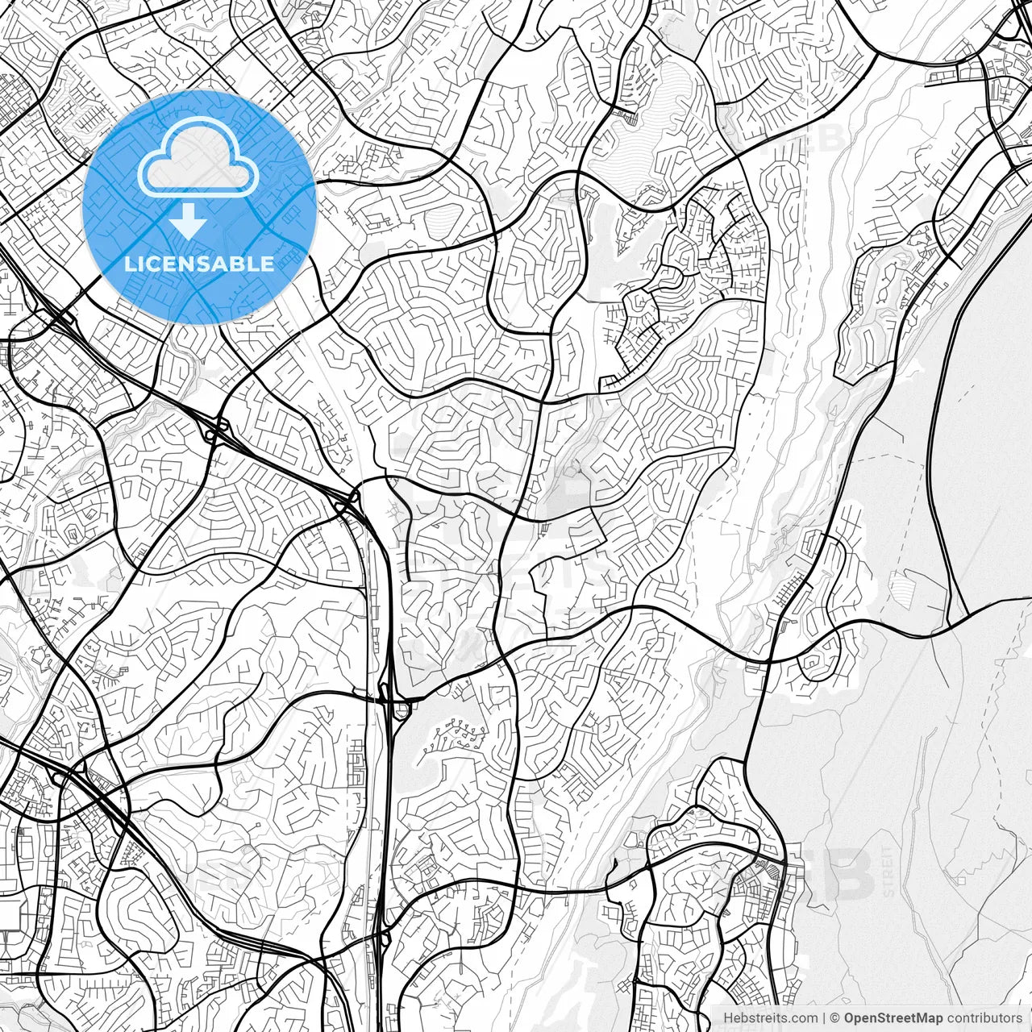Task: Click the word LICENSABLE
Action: [199, 264]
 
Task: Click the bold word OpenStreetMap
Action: [893, 1018]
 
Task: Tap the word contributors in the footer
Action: [984, 1018]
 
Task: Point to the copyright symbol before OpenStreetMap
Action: [836, 1018]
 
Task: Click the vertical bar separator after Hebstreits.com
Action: [824, 1018]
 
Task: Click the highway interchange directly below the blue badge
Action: [216, 429]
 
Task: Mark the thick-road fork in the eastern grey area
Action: [948, 626]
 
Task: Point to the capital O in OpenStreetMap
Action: [849, 1018]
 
